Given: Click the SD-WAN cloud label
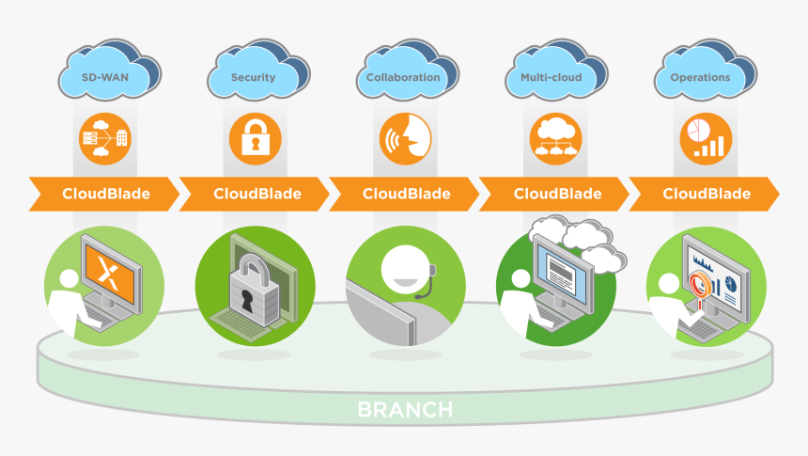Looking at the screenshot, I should tap(105, 77).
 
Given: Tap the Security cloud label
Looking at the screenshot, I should tap(254, 77).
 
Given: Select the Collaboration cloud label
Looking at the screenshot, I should tap(403, 77).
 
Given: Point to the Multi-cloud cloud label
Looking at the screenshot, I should tap(552, 77).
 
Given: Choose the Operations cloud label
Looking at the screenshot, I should tap(700, 77).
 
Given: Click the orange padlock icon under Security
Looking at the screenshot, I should tap(255, 139).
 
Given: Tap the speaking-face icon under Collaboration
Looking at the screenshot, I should tap(404, 139).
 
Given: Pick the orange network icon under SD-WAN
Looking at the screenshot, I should tap(104, 139).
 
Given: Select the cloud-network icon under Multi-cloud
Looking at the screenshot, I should tap(554, 139).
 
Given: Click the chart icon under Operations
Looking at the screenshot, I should tap(705, 139).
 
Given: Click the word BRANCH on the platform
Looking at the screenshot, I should tap(404, 410).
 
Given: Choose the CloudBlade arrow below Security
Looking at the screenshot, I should tap(256, 194).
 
